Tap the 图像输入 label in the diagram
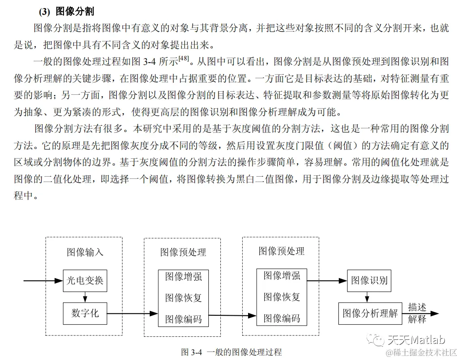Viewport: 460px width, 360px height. pyautogui.click(x=85, y=252)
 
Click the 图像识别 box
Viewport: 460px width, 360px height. pyautogui.click(x=369, y=281)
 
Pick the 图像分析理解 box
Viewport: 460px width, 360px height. pyautogui.click(x=370, y=313)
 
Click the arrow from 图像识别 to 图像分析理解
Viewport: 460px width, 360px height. pyautogui.click(x=367, y=297)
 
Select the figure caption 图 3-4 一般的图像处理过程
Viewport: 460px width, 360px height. pyautogui.click(x=232, y=352)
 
